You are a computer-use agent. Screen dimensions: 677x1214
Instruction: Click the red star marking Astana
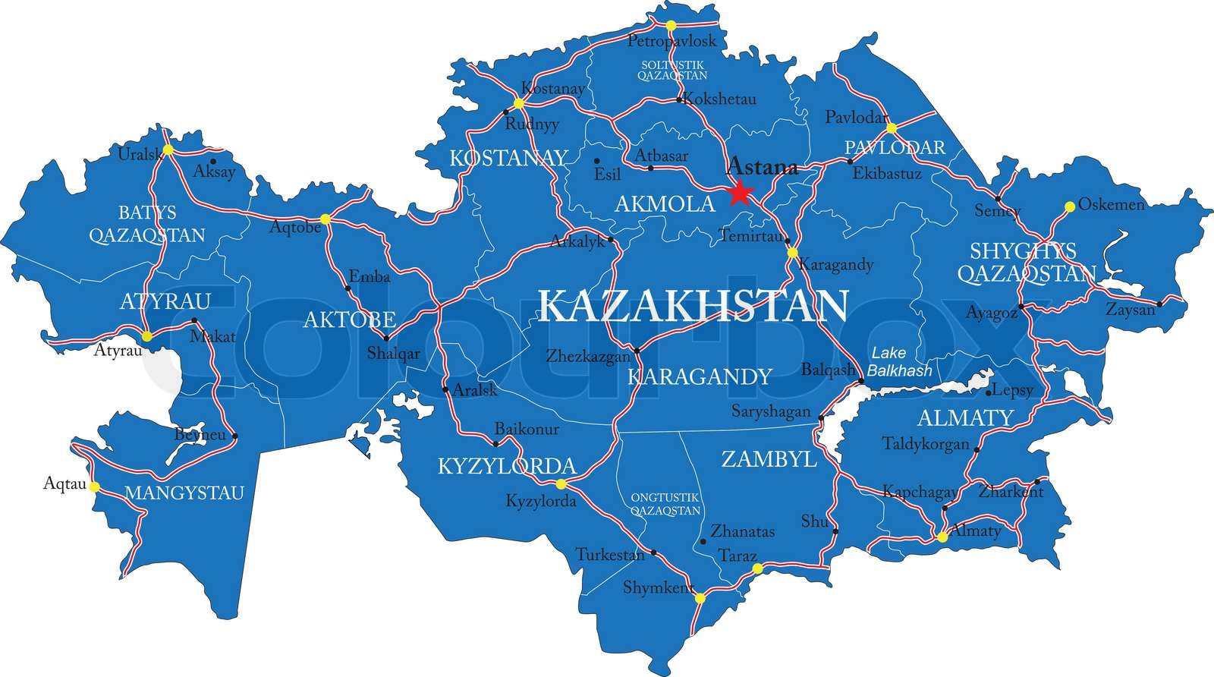coord(739,194)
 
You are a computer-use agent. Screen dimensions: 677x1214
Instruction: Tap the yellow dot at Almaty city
coord(941,537)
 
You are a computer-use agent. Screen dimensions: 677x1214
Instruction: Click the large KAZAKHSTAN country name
coord(693,305)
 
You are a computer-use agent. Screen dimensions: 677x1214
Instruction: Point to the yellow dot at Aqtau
coord(94,487)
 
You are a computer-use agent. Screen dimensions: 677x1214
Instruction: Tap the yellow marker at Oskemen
coord(1069,206)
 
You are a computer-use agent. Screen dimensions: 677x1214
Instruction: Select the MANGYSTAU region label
coord(184,493)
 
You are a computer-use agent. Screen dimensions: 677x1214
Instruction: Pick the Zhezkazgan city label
coord(588,355)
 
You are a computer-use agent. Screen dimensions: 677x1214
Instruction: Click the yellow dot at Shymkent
coord(700,598)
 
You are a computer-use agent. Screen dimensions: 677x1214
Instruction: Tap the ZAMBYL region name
coord(768,458)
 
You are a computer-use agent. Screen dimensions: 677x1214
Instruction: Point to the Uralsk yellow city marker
coord(168,150)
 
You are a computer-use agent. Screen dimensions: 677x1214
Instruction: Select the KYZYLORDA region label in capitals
coord(507,465)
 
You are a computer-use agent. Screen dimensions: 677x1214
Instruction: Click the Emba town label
coord(369,277)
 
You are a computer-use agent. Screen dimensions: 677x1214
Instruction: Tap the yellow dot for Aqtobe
coord(325,219)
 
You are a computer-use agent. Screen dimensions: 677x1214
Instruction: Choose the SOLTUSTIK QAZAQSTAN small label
coord(671,70)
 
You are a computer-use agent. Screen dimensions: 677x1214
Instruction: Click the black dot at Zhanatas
coord(703,541)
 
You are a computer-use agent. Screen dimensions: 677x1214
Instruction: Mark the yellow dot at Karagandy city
coord(792,253)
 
